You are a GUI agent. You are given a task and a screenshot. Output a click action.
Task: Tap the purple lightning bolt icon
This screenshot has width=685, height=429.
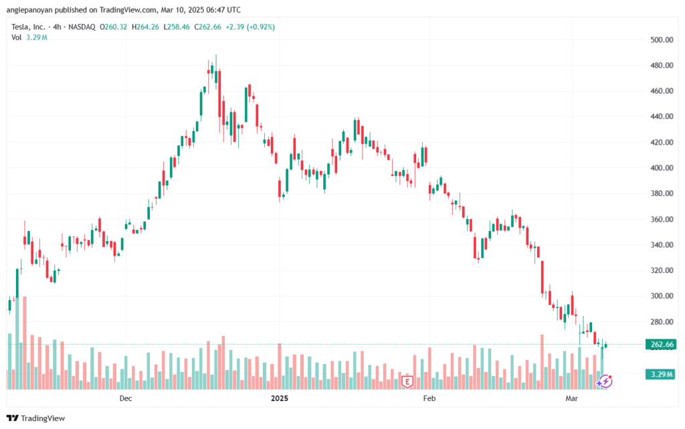pos(605,381)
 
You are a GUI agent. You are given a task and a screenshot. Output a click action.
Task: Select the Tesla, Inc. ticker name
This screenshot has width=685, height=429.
pos(31,27)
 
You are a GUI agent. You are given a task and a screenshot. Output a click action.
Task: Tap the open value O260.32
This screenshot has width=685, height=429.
pos(114,27)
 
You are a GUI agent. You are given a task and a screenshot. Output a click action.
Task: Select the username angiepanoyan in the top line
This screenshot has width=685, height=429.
pos(34,10)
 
